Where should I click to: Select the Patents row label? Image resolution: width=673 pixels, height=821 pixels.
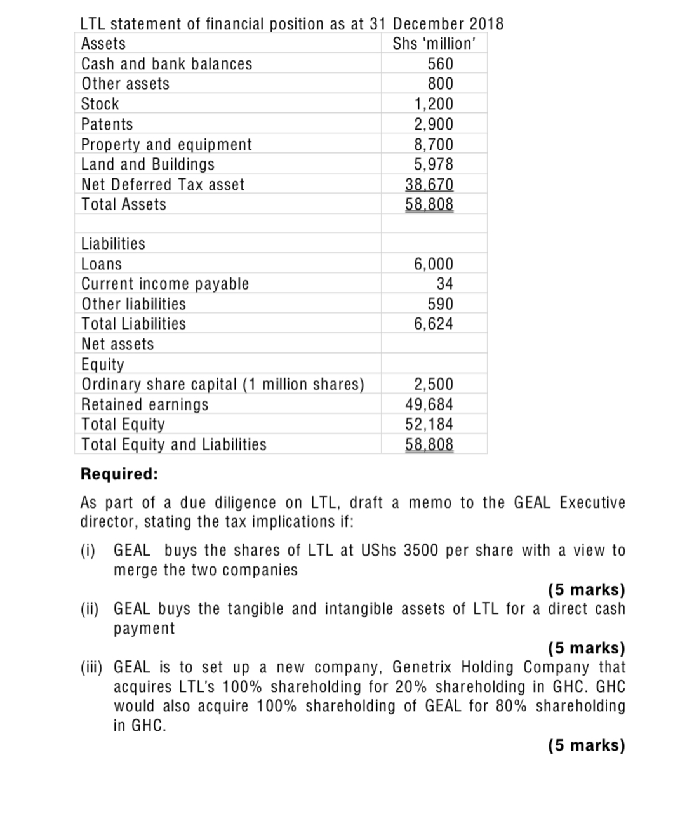click(107, 124)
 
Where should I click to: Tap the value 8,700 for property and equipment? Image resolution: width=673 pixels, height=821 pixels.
click(434, 145)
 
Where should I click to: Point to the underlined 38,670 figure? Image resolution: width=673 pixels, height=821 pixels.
click(429, 185)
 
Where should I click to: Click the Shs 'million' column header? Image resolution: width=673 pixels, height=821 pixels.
click(434, 44)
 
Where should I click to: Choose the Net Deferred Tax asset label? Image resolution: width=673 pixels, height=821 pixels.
click(163, 185)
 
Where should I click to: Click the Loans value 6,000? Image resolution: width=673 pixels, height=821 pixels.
click(434, 264)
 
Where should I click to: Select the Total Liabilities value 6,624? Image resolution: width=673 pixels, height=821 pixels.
click(434, 324)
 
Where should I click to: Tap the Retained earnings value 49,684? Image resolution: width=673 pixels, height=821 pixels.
click(429, 404)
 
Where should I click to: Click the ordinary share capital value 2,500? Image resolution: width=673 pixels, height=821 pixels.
click(434, 384)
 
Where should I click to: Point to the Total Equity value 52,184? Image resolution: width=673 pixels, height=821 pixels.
click(429, 424)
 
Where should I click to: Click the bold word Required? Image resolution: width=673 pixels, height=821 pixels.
click(119, 474)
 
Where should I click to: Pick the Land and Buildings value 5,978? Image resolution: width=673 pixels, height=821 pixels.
click(434, 164)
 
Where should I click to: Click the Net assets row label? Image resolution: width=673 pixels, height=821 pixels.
click(117, 344)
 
